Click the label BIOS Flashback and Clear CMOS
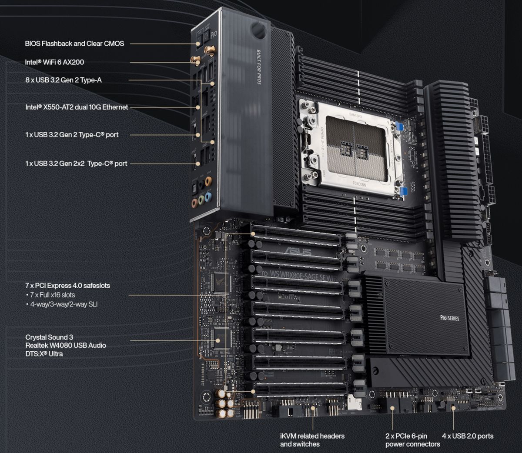pyautogui.click(x=74, y=43)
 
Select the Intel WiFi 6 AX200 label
pyautogui.click(x=54, y=62)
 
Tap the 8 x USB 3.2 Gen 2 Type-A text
pyautogui.click(x=64, y=80)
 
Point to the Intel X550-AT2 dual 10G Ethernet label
pyautogui.click(x=77, y=107)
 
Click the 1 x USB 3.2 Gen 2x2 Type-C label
pyautogui.click(x=76, y=163)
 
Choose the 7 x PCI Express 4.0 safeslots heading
pyautogui.click(x=67, y=286)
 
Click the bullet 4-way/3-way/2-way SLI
pyautogui.click(x=64, y=304)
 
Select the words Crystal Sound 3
pyautogui.click(x=49, y=337)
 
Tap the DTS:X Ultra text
pyautogui.click(x=44, y=354)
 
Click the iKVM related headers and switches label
pyautogui.click(x=312, y=440)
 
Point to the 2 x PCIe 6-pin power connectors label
pyautogui.click(x=412, y=440)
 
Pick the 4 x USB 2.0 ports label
pyautogui.click(x=468, y=436)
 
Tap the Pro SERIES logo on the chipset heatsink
pyautogui.click(x=450, y=318)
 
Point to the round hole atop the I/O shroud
pyautogui.click(x=258, y=30)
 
